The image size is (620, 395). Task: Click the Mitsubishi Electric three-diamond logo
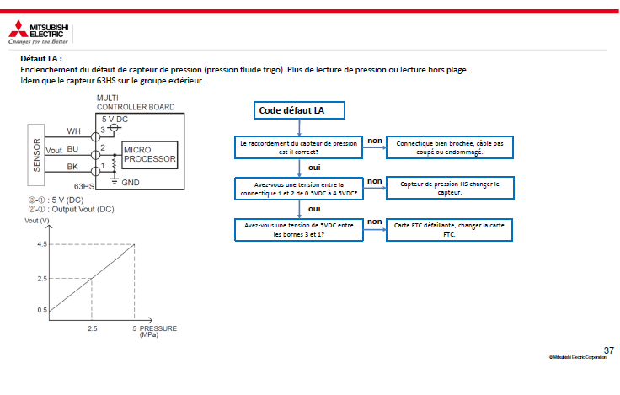point(19,29)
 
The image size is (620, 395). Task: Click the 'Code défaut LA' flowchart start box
point(299,110)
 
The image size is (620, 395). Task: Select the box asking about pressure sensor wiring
point(298,147)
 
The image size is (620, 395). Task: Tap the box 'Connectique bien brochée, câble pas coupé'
point(450,147)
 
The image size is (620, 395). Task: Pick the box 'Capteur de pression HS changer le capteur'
point(450,188)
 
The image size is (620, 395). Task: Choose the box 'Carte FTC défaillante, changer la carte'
point(449,230)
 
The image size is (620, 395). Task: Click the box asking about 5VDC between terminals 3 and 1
point(299,230)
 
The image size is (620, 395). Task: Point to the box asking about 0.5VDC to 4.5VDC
point(299,189)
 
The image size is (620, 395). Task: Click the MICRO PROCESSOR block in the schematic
point(149,155)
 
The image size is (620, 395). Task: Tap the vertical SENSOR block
point(36,155)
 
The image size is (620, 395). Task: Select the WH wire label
point(73,131)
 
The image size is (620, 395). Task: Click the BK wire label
point(72,167)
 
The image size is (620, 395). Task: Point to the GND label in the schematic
point(131,183)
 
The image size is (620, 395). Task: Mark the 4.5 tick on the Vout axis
point(42,244)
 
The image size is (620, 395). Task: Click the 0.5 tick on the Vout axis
point(42,310)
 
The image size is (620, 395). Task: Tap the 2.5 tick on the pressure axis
point(93,328)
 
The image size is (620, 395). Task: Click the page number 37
point(609,350)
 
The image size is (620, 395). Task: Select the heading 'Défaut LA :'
point(41,59)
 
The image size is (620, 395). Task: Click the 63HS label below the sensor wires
point(84,186)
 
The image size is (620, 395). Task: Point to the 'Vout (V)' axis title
point(37,221)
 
